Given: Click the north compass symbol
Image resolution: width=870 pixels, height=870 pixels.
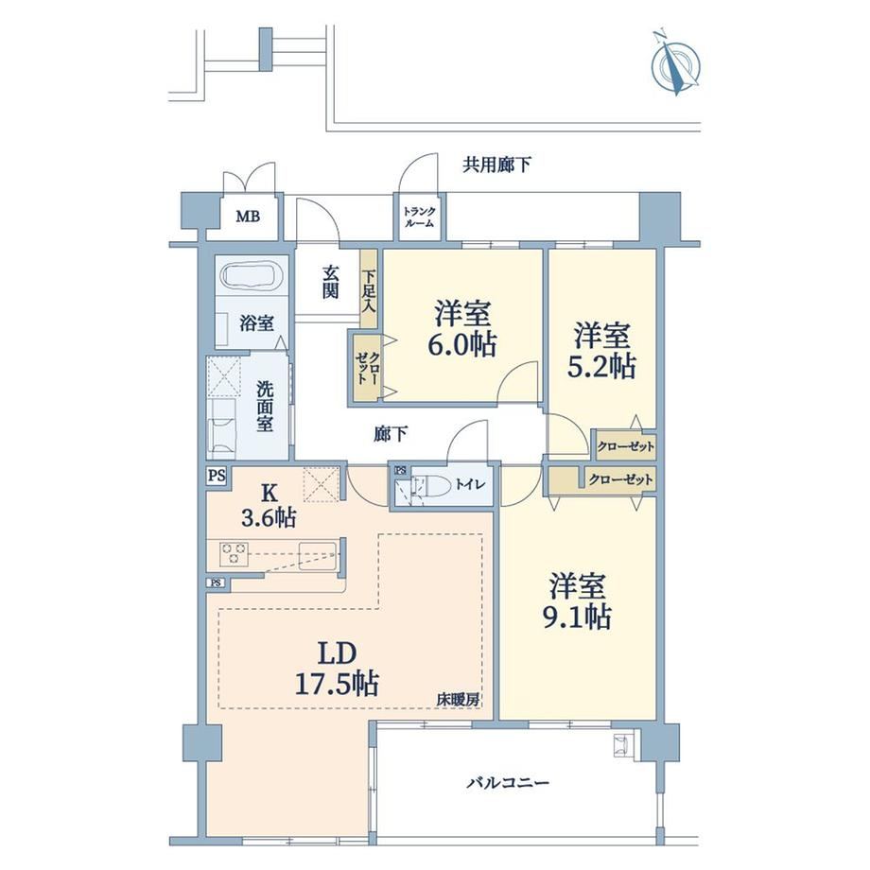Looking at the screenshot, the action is click(x=676, y=64).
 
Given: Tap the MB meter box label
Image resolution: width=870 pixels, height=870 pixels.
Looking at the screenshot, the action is click(x=248, y=216).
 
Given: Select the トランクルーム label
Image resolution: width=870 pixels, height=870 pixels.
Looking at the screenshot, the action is click(x=420, y=217).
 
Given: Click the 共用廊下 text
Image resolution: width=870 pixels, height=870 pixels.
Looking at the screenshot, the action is click(x=496, y=165).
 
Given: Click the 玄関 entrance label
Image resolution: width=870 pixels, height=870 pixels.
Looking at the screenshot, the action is click(x=331, y=282).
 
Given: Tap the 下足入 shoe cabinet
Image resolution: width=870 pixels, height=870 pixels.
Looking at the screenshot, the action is click(x=369, y=289).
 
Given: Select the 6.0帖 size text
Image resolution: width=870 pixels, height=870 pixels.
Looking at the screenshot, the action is click(x=461, y=344).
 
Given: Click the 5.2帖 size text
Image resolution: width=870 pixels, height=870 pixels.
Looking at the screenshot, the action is click(x=601, y=366).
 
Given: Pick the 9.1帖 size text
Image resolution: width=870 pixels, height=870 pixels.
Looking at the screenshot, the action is click(x=577, y=617).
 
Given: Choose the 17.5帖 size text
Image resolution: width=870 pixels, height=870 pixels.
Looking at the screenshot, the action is click(x=337, y=683).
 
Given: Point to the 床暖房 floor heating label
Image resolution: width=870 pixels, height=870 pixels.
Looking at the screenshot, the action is click(x=458, y=700).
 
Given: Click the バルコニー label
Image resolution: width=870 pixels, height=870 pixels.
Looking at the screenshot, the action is click(x=508, y=783).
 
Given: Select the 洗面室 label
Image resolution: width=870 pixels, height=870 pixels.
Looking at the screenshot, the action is click(x=265, y=406).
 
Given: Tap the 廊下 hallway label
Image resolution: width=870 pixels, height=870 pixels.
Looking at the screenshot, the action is click(x=391, y=434).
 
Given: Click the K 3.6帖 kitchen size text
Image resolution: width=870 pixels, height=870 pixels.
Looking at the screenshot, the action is click(x=269, y=506).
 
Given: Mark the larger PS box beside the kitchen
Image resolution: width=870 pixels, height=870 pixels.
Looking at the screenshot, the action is click(x=217, y=476).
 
